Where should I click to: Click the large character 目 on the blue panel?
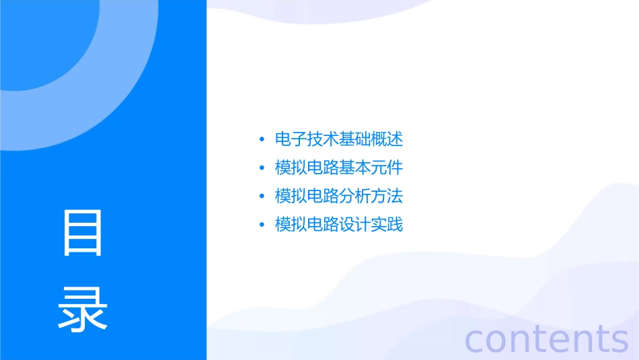coord(83,233)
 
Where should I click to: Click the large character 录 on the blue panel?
coord(83,310)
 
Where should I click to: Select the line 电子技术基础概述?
coord(339,140)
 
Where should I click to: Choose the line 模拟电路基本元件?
coord(339,168)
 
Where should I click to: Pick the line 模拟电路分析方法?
coord(339,196)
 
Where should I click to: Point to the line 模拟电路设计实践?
coord(339,225)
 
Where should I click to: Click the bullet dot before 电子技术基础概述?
coord(262,141)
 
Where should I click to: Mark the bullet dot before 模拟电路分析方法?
coord(262,197)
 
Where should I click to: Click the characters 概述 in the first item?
coord(387,140)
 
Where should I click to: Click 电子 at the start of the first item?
coord(291,140)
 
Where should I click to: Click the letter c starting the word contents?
coord(475,340)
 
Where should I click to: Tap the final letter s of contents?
coord(619,340)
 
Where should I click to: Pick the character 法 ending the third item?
coord(395,196)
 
